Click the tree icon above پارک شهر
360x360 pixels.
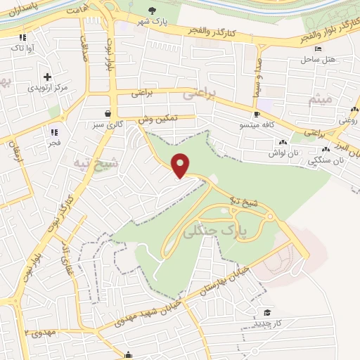(154, 9)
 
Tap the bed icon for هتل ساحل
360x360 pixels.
(319, 49)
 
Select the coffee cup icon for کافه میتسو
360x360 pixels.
(257, 114)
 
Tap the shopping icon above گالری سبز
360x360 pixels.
(108, 113)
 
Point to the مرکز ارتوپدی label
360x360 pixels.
(48, 88)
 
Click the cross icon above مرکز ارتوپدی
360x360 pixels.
(47, 77)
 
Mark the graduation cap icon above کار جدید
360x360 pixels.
(266, 312)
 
